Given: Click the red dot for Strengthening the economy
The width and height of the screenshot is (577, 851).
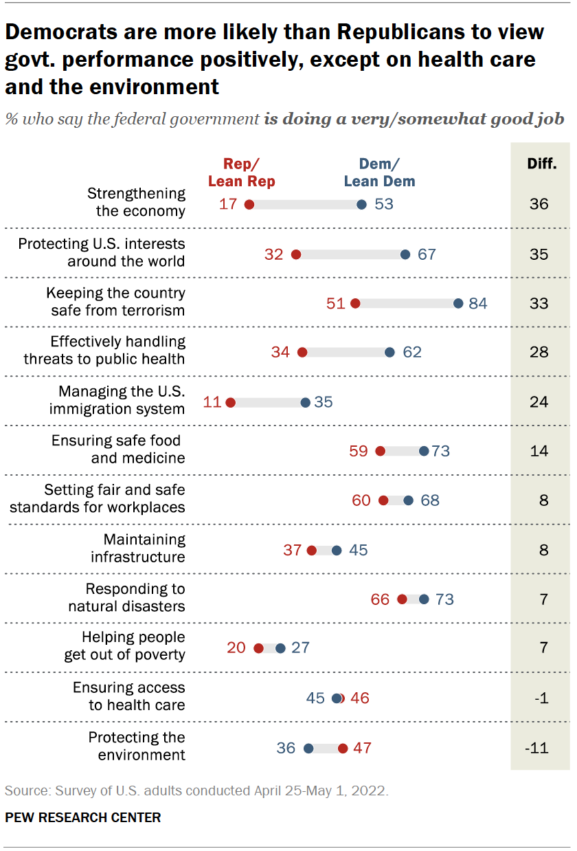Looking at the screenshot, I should (249, 205).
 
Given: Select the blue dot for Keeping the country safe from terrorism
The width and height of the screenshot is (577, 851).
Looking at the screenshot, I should (458, 303).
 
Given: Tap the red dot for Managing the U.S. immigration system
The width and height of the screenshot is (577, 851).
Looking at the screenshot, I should (231, 402).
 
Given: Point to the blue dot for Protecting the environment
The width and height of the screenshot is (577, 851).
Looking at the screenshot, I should (308, 748).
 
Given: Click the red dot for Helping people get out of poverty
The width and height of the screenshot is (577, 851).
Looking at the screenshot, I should (258, 648).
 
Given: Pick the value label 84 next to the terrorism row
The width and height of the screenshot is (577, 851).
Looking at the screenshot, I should (478, 303).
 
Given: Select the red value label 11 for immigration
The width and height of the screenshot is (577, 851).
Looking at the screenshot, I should (212, 401).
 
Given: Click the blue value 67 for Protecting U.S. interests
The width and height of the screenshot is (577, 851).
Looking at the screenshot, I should (427, 254).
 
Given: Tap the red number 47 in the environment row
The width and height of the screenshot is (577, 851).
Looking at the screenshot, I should (362, 748).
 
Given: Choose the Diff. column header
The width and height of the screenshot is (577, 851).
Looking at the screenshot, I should (541, 164).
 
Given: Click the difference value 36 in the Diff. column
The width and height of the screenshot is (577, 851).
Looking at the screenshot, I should (539, 205).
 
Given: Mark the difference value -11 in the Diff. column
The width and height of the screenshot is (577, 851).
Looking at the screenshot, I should (537, 748).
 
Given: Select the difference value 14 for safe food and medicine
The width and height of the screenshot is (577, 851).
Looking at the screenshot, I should (539, 451).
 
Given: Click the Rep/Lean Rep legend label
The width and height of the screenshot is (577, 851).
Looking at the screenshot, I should (241, 173).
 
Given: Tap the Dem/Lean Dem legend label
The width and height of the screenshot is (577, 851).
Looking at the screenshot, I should (379, 173).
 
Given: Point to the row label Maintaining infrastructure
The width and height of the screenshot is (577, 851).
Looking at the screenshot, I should (138, 549).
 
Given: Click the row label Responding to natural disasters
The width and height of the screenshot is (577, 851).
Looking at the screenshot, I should (126, 598).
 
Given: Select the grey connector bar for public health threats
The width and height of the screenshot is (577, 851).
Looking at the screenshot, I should (346, 353).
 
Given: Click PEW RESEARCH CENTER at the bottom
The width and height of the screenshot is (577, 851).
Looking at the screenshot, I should (83, 818).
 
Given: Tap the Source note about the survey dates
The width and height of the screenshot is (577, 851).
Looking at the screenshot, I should (196, 791).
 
